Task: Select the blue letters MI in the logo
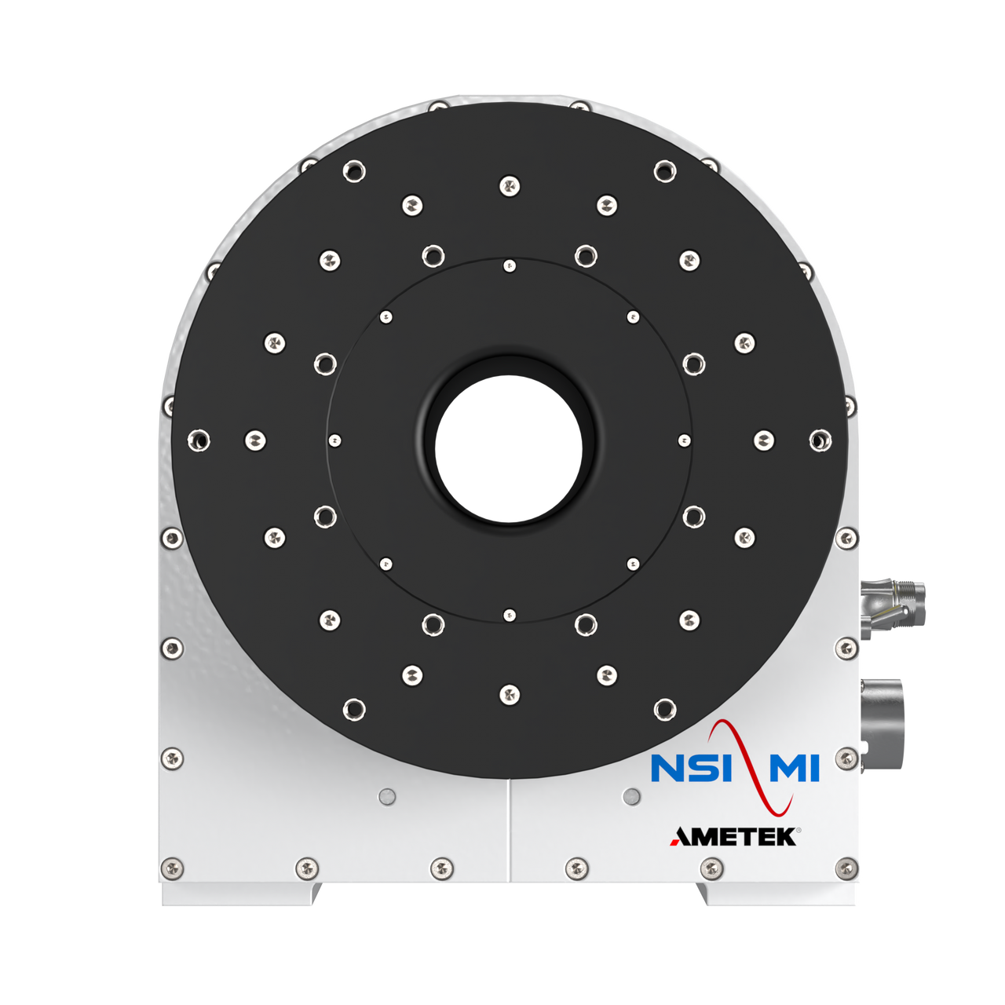coord(794,769)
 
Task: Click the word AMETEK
coord(734,837)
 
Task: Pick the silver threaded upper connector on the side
coord(894,605)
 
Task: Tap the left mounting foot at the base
coord(240,894)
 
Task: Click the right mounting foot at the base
coord(777,894)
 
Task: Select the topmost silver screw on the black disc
coord(510,186)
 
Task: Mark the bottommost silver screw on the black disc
coord(510,694)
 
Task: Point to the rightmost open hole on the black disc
coord(820,440)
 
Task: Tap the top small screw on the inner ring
coord(510,266)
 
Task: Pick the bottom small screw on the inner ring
coord(510,615)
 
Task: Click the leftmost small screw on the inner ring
coord(334,440)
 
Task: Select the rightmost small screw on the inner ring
coord(684,440)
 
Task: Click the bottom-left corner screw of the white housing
coord(171,868)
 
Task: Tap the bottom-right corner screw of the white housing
coord(846,868)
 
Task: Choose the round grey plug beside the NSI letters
coord(630,797)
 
